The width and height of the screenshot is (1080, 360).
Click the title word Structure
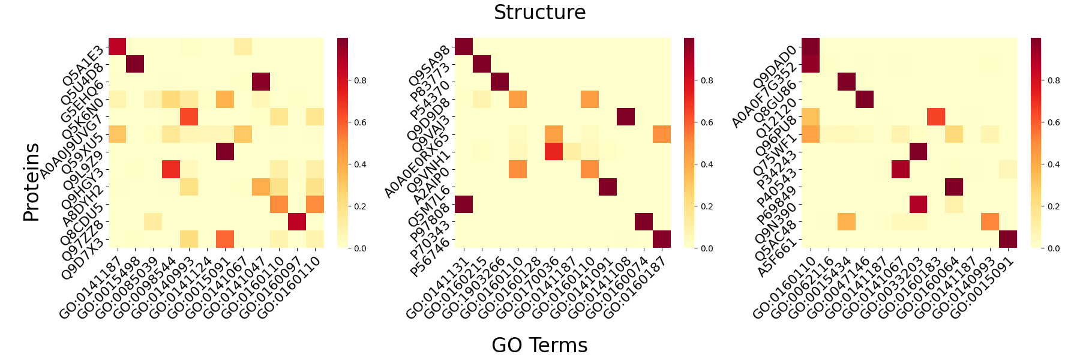tap(539, 13)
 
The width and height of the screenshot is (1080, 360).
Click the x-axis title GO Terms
tap(539, 345)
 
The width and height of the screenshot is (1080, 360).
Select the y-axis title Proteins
tap(31, 182)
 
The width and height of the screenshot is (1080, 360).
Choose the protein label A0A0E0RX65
tap(417, 165)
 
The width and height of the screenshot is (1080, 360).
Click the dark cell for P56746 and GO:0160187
tap(662, 239)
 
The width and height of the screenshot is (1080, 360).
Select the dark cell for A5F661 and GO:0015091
tap(1008, 239)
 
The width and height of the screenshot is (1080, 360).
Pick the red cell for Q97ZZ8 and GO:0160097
tap(297, 221)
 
